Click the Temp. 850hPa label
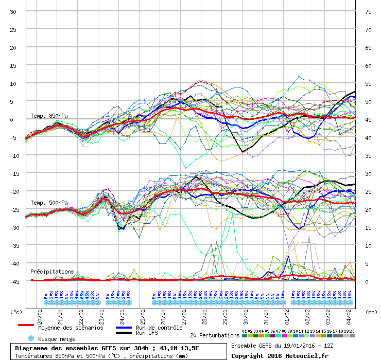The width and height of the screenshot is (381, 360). coord(49,116)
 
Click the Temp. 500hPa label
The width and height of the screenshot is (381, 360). coord(49,203)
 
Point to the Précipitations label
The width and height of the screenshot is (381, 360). coord(52,271)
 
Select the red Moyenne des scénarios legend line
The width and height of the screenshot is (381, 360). coord(26,325)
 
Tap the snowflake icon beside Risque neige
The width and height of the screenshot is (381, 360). coord(30,339)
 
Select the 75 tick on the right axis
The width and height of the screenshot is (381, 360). coord(368,11)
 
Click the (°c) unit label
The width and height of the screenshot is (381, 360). coord(16,312)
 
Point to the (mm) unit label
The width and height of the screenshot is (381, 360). coord(370,312)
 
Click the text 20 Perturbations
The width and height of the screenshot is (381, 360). coord(215,335)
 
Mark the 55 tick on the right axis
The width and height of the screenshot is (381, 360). coord(368,83)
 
